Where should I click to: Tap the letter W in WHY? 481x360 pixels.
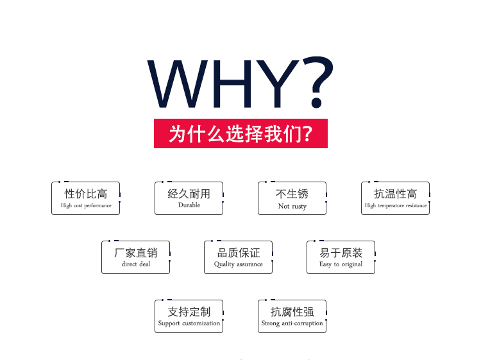(x=178, y=84)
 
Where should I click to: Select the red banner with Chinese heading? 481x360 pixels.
(x=240, y=133)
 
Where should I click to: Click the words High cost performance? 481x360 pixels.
(x=86, y=205)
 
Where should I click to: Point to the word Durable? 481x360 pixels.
(x=189, y=205)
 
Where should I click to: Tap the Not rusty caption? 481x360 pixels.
(x=292, y=206)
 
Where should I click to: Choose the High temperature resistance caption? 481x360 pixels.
(x=396, y=205)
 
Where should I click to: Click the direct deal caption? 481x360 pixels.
(x=136, y=264)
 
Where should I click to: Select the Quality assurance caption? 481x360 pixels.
(x=239, y=264)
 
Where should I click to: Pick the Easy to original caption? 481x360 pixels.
(x=341, y=264)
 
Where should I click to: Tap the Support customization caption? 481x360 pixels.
(x=189, y=323)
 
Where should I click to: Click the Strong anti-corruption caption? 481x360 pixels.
(x=292, y=323)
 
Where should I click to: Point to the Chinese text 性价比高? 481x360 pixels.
(x=86, y=194)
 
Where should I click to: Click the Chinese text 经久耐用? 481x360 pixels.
(x=189, y=194)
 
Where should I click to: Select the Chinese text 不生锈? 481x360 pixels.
(x=292, y=194)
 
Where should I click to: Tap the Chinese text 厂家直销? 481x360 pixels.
(x=135, y=253)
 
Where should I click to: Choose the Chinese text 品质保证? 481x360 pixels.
(x=239, y=253)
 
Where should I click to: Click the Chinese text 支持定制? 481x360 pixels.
(x=189, y=312)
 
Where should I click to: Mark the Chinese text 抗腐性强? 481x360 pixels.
(x=292, y=312)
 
